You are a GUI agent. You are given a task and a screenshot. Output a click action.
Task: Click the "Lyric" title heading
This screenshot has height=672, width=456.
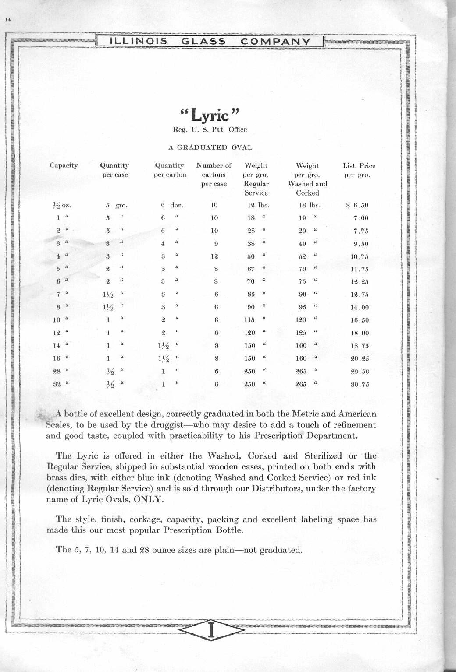coord(210,115)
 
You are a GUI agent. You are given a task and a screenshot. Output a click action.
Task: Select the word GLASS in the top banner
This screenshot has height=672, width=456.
coord(203,42)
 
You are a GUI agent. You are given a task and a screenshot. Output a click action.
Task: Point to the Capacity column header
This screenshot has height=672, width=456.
coord(64,166)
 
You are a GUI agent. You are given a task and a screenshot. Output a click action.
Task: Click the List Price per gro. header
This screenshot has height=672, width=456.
coord(359,170)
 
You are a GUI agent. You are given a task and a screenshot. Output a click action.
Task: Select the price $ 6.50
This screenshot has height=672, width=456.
coord(357,205)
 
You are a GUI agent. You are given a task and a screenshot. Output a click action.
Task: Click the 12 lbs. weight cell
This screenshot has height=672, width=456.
coord(257,205)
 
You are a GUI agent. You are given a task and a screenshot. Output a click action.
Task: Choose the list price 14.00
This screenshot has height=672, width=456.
coord(360,308)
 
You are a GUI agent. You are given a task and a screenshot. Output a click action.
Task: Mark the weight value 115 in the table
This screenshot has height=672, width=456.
coord(249,320)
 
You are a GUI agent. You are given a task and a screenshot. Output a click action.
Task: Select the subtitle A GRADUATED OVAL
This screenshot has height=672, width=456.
coord(210,147)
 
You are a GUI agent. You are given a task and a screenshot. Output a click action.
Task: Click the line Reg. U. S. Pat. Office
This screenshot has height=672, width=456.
coord(210,130)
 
